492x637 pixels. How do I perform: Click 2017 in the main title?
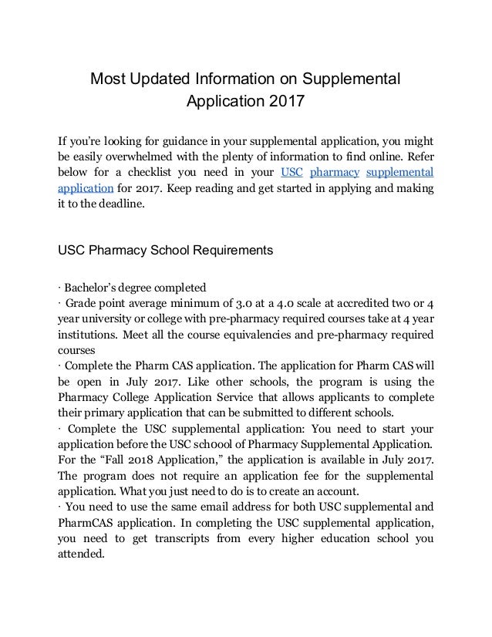tap(283, 101)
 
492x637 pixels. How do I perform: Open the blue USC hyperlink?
tap(291, 171)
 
